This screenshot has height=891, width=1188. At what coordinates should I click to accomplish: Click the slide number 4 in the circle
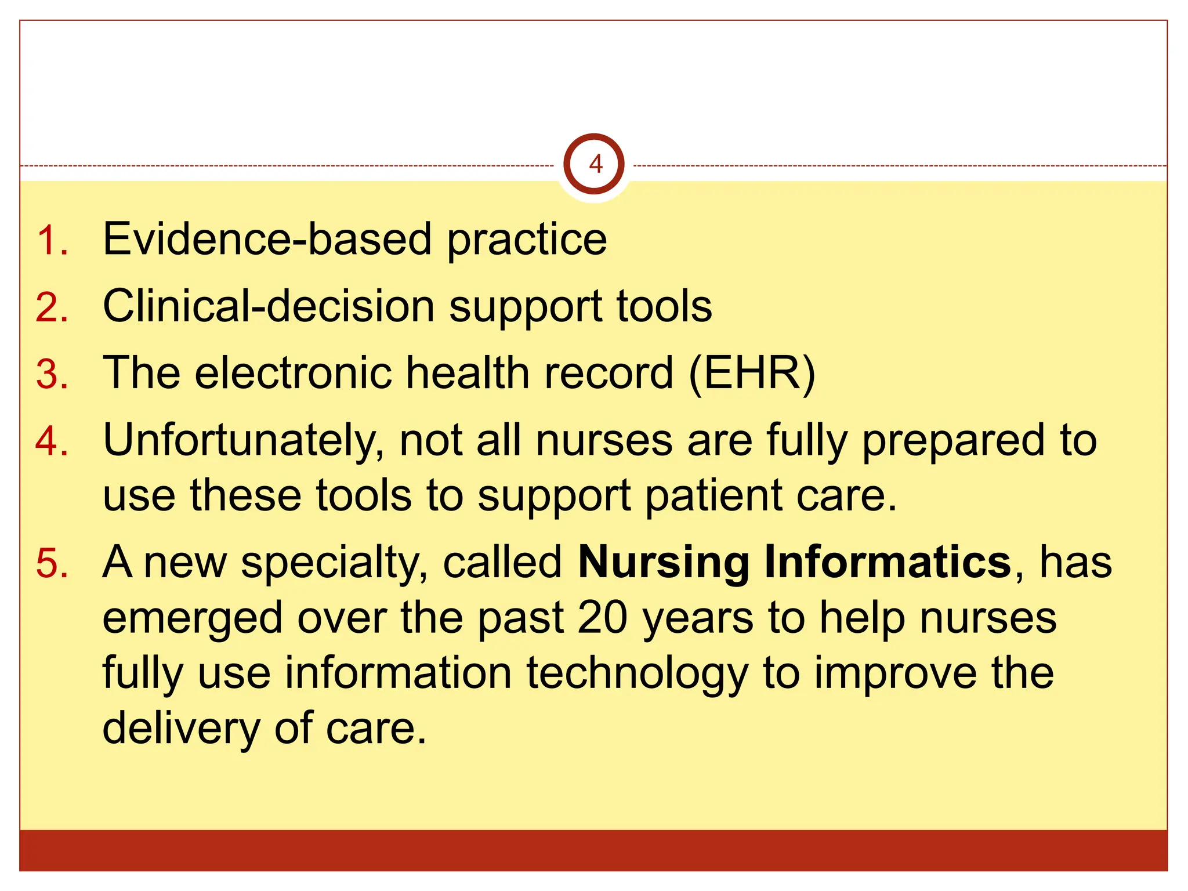(x=595, y=165)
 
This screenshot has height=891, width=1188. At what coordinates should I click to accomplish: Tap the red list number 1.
(x=51, y=240)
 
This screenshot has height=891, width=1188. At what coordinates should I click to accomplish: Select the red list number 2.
(x=51, y=307)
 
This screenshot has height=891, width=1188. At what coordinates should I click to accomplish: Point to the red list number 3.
(x=51, y=374)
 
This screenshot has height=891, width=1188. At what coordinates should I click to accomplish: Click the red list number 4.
(x=51, y=441)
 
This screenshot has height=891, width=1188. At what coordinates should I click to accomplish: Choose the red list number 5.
(x=51, y=563)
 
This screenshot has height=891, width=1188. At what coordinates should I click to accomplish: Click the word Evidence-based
(x=267, y=239)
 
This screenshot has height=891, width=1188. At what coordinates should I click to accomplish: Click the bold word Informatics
(x=888, y=562)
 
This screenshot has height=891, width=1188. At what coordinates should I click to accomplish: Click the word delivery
(x=180, y=729)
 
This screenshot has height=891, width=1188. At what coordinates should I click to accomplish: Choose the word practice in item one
(x=527, y=240)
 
